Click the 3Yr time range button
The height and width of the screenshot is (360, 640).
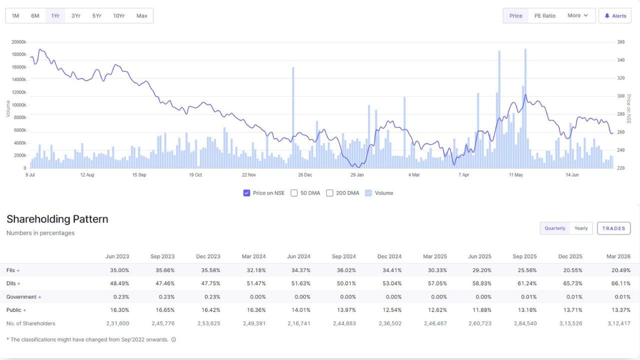coord(75,15)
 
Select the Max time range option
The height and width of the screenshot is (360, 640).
coord(141,15)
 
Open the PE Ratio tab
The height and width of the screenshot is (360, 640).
coord(545,15)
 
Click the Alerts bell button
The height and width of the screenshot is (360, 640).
coord(615,15)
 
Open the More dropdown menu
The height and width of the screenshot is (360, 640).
coord(577,15)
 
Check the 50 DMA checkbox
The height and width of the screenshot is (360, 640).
coord(294,193)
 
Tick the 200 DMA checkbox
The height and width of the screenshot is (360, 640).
coord(329,193)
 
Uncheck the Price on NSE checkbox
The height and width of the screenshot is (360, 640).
coord(246,193)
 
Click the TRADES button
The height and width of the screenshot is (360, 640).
coord(613,228)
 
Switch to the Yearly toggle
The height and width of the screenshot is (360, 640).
coord(581,228)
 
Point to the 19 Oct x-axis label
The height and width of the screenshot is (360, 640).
coord(195,175)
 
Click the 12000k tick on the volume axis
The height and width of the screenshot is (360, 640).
coord(19,92)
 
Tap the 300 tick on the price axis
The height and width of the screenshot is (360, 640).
coord(621,96)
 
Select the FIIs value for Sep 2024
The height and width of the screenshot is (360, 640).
coord(346,270)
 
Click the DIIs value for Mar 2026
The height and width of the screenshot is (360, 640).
coord(621,283)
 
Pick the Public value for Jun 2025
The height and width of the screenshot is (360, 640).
coord(481,310)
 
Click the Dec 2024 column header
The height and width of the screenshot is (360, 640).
coord(389,256)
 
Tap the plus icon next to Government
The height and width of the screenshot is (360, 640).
coord(39,297)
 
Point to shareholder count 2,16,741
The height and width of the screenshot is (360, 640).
coord(299,323)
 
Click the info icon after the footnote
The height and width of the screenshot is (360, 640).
coord(173,339)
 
